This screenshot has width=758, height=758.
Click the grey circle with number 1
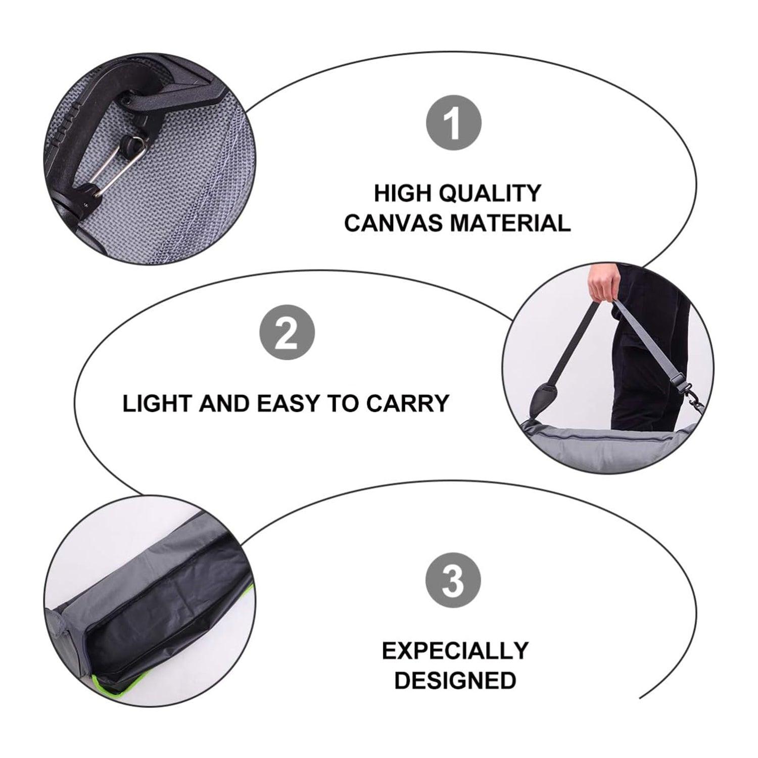pos(454,123)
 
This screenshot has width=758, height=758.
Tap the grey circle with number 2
pos(287,334)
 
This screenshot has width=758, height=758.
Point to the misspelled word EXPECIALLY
pos(455,651)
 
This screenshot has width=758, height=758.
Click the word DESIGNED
pos(455,680)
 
